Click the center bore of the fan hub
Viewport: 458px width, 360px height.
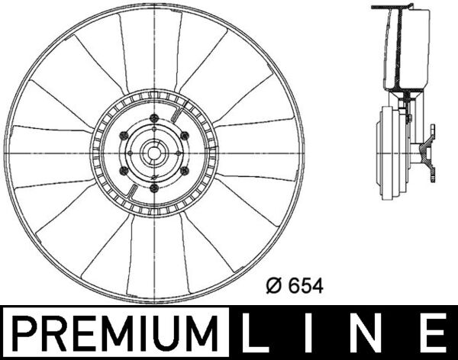pos(153,153)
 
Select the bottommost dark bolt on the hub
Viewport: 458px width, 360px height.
pos(153,191)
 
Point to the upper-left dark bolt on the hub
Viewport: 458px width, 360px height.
pos(122,135)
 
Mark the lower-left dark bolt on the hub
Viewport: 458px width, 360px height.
pos(122,172)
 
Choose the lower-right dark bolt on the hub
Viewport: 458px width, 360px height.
pos(185,172)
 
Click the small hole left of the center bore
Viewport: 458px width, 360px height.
pos(131,153)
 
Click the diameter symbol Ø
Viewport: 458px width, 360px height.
pos(276,286)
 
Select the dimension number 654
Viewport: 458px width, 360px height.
pos(307,286)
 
